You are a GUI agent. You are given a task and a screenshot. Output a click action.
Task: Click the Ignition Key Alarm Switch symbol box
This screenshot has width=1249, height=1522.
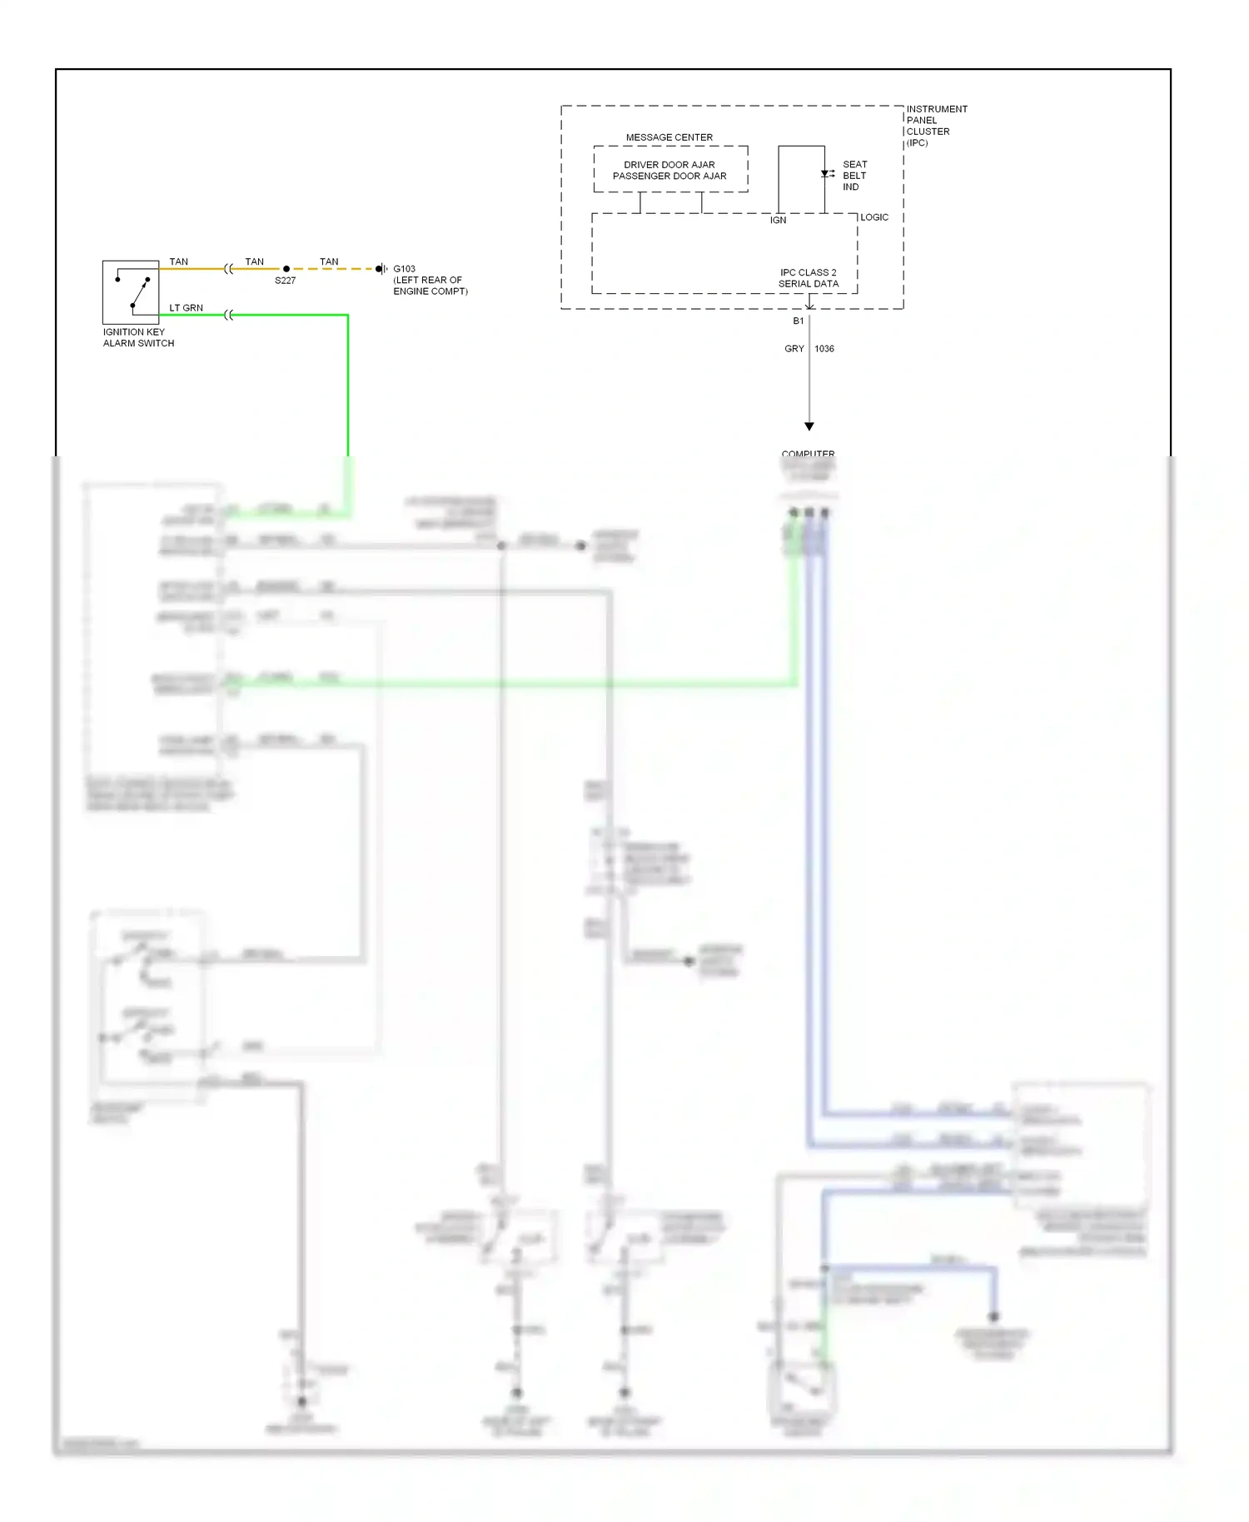131,292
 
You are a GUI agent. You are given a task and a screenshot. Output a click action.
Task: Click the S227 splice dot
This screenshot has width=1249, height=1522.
286,269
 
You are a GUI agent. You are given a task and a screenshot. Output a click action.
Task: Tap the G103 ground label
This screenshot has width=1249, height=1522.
404,269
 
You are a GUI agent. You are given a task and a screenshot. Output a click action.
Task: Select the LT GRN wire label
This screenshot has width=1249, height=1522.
186,308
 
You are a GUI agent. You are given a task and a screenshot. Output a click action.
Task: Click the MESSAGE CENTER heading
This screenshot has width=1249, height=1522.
669,137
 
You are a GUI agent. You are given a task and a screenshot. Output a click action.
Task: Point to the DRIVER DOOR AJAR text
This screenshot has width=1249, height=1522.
669,165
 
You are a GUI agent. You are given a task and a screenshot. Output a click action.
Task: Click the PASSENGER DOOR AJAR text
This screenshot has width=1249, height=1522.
669,177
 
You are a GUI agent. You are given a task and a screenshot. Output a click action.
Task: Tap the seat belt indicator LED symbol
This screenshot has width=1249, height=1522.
825,174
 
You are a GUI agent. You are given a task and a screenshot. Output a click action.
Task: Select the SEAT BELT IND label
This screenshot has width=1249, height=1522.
854,176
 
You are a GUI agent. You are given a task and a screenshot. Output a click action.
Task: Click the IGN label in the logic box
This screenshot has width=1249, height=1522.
778,221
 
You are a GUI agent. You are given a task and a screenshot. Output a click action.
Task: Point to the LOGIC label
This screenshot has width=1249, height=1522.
873,217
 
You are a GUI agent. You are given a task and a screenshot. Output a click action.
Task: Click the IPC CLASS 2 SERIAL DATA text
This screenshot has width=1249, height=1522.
808,278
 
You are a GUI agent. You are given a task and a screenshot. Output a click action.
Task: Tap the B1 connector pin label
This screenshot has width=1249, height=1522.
798,321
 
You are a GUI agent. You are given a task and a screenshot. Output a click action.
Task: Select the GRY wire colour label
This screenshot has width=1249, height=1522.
794,349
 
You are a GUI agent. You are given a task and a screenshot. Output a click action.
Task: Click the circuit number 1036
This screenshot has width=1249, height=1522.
824,349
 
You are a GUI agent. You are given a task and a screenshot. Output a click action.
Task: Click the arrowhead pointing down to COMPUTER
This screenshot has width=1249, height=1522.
809,426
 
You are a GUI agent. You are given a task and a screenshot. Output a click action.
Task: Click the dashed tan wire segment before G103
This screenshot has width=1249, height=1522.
333,269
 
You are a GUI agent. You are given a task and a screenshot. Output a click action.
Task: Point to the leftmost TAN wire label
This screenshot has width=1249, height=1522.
178,261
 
